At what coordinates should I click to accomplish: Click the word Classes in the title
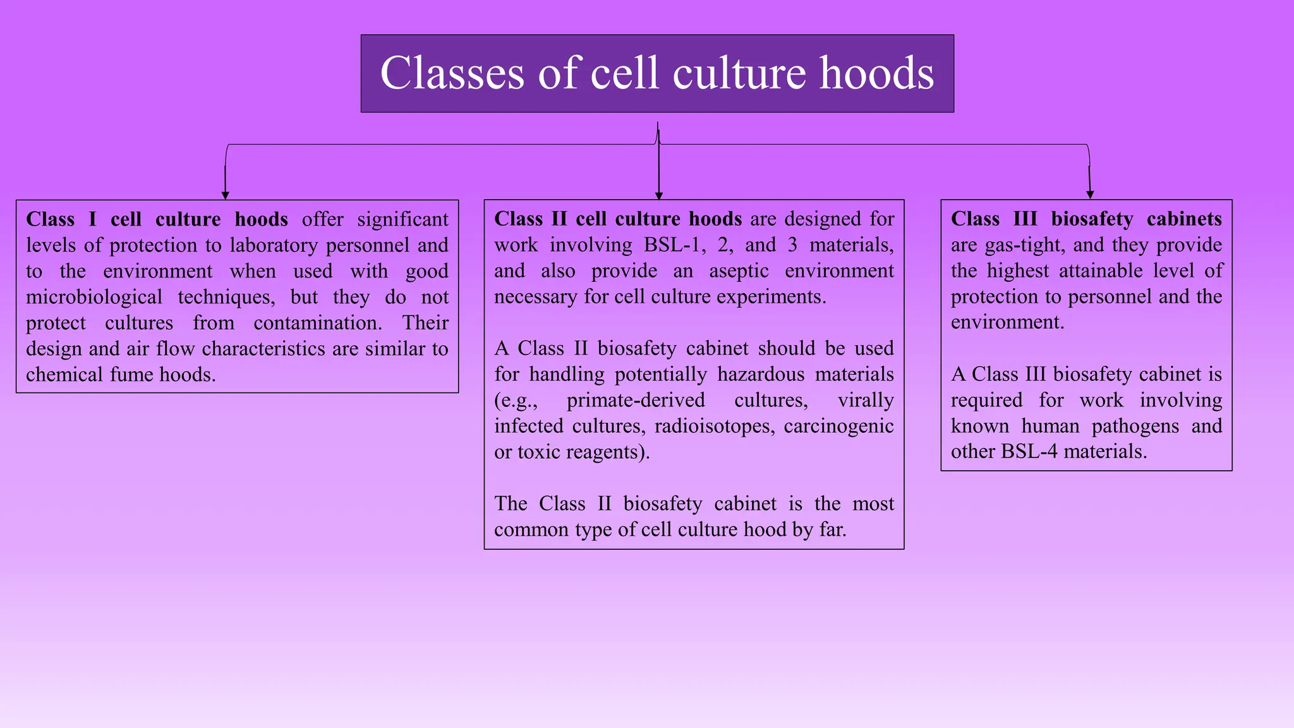[452, 73]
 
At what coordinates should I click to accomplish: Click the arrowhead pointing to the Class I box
[226, 195]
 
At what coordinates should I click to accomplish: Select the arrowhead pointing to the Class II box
[659, 195]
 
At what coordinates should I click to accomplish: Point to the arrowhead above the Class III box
[1090, 195]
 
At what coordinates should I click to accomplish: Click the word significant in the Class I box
[402, 219]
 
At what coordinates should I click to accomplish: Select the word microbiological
[94, 297]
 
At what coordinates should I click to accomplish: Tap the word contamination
[318, 323]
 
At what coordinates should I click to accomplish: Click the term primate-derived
[636, 400]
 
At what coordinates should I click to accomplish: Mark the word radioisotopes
[715, 426]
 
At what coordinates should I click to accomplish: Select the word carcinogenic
[838, 426]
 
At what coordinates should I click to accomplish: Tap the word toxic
[539, 452]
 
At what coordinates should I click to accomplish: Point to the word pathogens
[1135, 426]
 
